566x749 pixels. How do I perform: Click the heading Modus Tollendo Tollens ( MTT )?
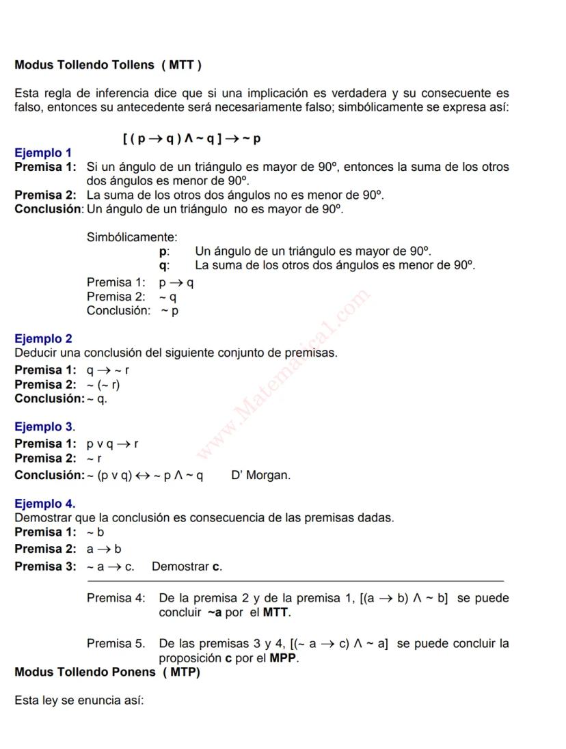[x=108, y=66]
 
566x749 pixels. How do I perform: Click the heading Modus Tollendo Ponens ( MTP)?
[x=107, y=672]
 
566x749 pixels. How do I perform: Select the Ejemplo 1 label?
[x=43, y=152]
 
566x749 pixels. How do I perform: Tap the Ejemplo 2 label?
[x=43, y=338]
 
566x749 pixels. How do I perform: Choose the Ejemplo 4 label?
[x=44, y=504]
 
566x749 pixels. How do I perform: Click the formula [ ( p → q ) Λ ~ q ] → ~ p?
[x=192, y=139]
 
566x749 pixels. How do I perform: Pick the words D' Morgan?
[x=260, y=475]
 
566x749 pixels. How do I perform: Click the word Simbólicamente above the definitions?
[x=132, y=237]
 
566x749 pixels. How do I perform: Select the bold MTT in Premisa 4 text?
[x=275, y=612]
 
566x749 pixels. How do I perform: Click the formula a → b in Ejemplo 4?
[x=104, y=549]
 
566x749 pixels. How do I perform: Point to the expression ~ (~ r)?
[x=103, y=384]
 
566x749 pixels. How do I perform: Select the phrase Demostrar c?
[x=187, y=567]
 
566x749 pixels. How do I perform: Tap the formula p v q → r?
[x=113, y=444]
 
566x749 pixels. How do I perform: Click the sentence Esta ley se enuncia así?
[x=79, y=700]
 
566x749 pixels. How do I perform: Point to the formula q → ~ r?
[x=108, y=370]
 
